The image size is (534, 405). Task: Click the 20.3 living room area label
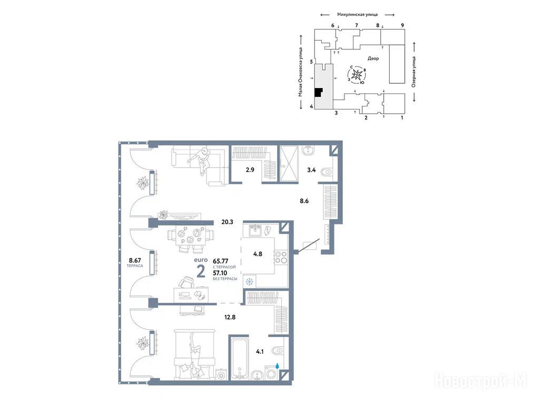(227, 222)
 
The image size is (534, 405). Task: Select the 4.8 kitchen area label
(258, 254)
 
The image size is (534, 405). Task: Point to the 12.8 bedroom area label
(230, 317)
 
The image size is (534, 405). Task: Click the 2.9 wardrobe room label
(250, 169)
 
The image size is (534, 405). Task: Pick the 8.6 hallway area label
(304, 201)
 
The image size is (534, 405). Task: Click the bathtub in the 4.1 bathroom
(241, 358)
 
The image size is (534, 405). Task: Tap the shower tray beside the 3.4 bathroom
(288, 163)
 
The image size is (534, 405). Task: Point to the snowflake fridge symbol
(249, 282)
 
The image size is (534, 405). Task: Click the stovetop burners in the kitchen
(280, 257)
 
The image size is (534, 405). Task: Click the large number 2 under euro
(201, 272)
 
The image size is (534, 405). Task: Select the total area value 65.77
(220, 261)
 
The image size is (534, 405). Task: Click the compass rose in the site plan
(357, 74)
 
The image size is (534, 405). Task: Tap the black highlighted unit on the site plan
(318, 92)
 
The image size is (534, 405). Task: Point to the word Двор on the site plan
(373, 59)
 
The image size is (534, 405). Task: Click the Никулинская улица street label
(358, 14)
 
